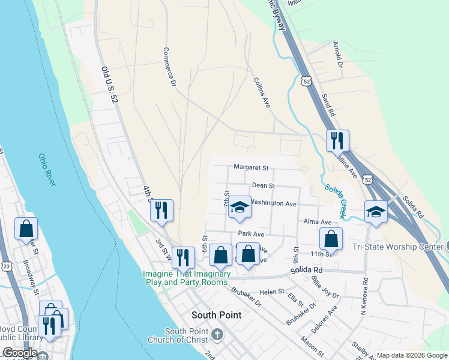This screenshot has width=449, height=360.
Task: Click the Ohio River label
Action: [x=47, y=170]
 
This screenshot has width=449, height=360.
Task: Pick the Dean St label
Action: [x=263, y=186]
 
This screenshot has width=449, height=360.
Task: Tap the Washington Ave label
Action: [x=273, y=203]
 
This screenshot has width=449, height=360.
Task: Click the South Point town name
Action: [x=216, y=315]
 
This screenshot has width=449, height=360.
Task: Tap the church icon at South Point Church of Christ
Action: [x=217, y=334]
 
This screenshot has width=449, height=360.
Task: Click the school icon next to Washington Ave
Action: [x=240, y=207]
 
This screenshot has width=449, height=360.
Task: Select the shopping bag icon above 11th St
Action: [x=331, y=239]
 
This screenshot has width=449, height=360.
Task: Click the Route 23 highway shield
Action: [x=6, y=265]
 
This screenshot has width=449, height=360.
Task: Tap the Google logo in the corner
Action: [x=20, y=353]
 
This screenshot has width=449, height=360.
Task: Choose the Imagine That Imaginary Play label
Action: [x=187, y=278]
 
